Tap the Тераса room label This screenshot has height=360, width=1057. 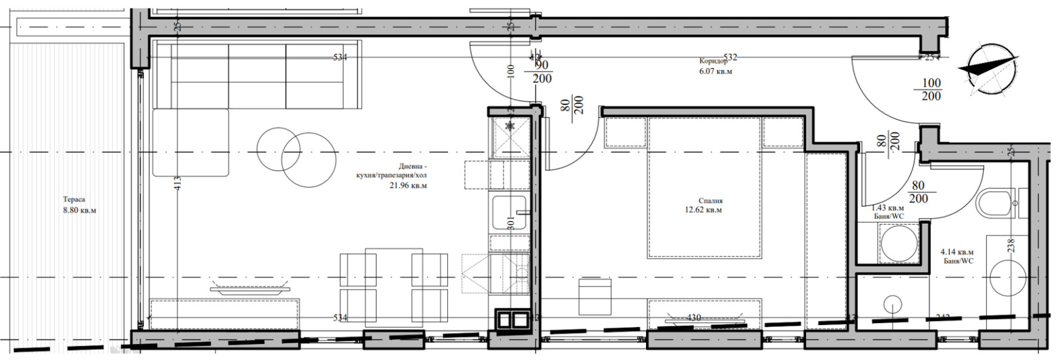[x=74, y=199]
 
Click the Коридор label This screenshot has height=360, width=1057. [x=714, y=61]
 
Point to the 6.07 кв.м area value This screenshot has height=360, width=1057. [x=716, y=71]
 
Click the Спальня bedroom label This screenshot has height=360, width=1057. [x=710, y=201]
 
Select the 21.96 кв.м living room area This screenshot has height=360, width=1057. [x=408, y=186]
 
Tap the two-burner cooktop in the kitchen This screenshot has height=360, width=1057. [x=513, y=320]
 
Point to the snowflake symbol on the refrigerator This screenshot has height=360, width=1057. [x=509, y=126]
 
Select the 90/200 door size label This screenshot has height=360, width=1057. [x=542, y=71]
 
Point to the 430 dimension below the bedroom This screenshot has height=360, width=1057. [x=693, y=318]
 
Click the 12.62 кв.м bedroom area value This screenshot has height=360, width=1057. [x=704, y=211]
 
